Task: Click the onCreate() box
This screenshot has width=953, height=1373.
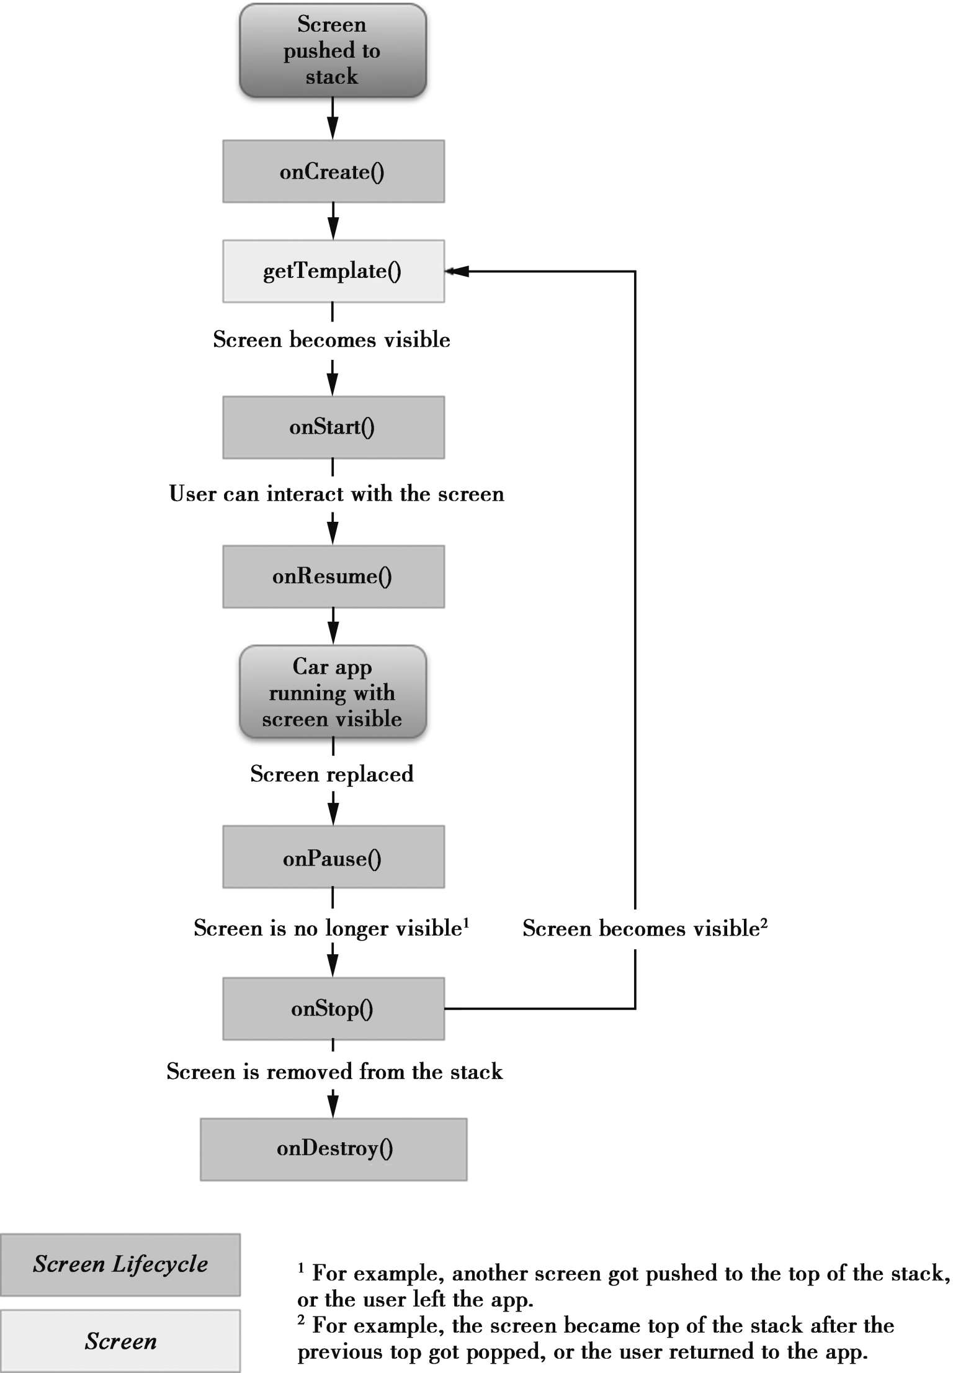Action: pos(333,171)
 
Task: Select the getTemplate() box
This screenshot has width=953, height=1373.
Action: pos(333,271)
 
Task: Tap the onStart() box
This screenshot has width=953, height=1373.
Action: pos(333,427)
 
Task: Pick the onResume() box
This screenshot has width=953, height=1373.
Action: pos(333,576)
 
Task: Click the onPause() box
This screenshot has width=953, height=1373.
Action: pos(333,856)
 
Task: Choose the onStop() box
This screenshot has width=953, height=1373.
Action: pos(333,1009)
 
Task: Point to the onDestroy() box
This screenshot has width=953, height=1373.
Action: pos(333,1149)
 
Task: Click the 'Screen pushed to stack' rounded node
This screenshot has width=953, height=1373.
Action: pos(333,50)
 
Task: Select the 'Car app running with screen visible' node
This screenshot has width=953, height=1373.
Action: pos(333,692)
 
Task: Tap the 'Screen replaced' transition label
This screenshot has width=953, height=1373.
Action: pos(332,774)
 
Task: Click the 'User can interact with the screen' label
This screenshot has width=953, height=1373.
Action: pos(336,494)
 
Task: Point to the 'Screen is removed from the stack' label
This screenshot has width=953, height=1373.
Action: pos(334,1071)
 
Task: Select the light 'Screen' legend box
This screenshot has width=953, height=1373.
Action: pos(120,1341)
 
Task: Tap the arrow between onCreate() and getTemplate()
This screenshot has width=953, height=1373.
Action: pos(333,221)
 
